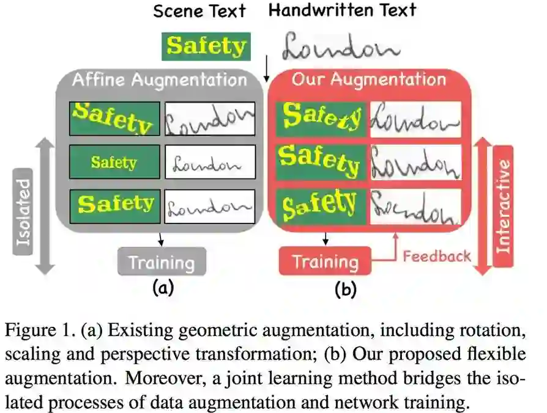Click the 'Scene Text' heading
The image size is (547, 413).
click(x=199, y=11)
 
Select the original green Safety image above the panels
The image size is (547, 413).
click(x=206, y=46)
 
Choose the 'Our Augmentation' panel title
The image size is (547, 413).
click(x=368, y=79)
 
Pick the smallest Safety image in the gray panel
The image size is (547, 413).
click(x=114, y=162)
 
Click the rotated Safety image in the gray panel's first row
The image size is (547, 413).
click(x=114, y=118)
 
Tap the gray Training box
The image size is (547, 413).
click(x=162, y=262)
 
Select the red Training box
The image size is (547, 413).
click(x=325, y=261)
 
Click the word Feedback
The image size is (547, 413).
click(x=436, y=255)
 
